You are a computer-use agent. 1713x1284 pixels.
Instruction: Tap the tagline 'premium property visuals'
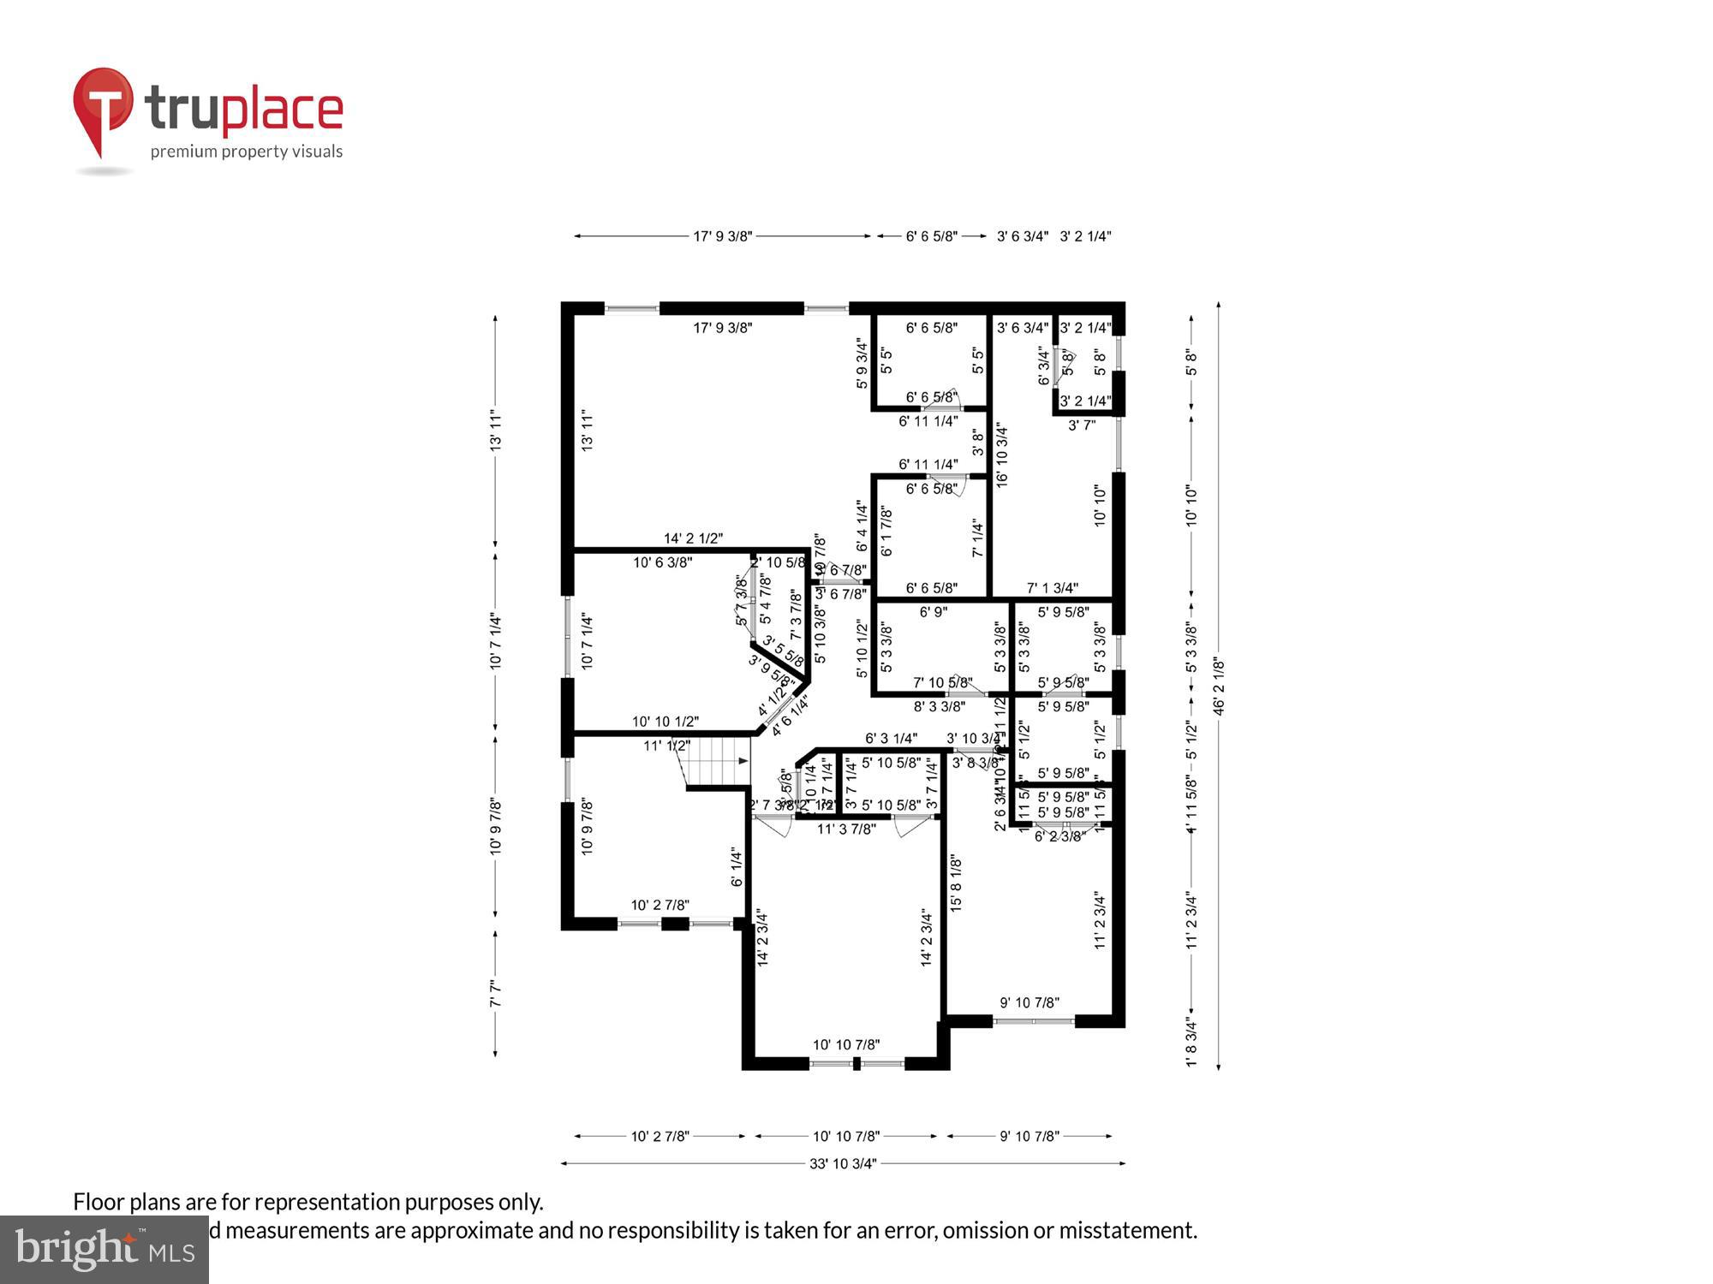pyautogui.click(x=247, y=152)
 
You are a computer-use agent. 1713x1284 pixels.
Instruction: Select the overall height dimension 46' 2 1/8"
pyautogui.click(x=1219, y=686)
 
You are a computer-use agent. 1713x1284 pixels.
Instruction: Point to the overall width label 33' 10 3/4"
pyautogui.click(x=843, y=1163)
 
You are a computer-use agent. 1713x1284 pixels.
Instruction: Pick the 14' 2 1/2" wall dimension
pyautogui.click(x=693, y=538)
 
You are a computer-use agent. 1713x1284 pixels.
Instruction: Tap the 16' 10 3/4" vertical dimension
pyautogui.click(x=1002, y=455)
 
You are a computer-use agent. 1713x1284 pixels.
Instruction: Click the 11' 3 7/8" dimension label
pyautogui.click(x=846, y=829)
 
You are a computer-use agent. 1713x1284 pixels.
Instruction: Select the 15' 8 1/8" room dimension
pyautogui.click(x=956, y=883)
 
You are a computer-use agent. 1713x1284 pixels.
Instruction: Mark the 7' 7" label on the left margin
pyautogui.click(x=495, y=994)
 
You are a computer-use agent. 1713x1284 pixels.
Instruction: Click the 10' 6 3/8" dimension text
pyautogui.click(x=663, y=562)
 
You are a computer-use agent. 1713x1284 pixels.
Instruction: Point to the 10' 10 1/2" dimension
pyautogui.click(x=666, y=722)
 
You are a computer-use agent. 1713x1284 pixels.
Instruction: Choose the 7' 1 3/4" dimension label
pyautogui.click(x=1053, y=588)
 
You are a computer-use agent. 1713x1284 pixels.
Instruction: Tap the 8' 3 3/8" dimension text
pyautogui.click(x=940, y=706)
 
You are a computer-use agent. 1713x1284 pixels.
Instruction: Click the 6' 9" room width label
pyautogui.click(x=933, y=612)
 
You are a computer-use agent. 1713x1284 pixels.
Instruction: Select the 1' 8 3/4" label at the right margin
pyautogui.click(x=1191, y=1043)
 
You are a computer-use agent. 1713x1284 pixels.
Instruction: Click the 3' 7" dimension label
pyautogui.click(x=1082, y=425)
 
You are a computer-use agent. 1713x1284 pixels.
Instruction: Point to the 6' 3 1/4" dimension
pyautogui.click(x=891, y=738)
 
